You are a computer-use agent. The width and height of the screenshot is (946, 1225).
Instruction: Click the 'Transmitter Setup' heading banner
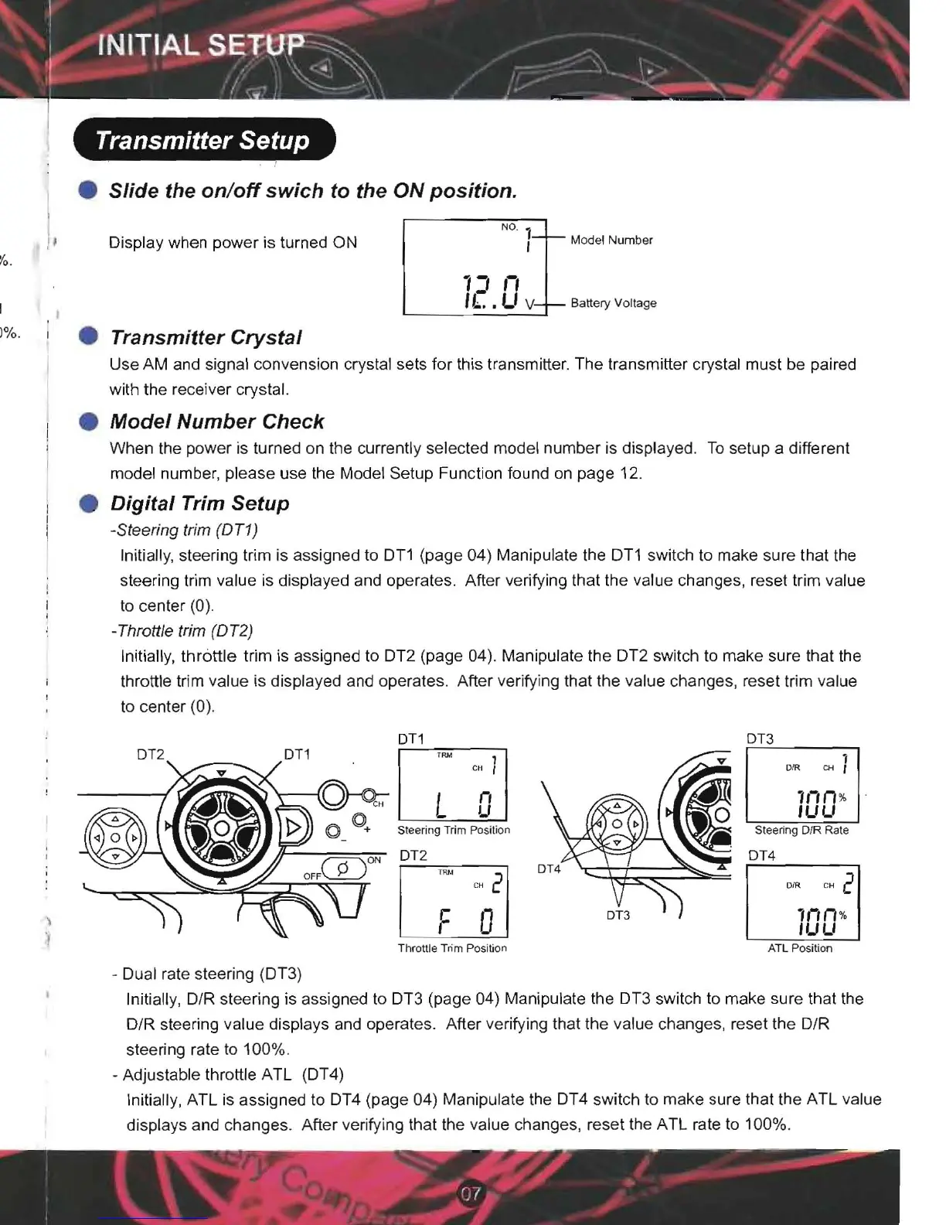point(202,140)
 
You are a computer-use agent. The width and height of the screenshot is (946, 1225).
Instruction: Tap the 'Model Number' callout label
point(611,240)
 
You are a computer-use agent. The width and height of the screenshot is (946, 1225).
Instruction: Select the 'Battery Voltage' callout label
point(614,303)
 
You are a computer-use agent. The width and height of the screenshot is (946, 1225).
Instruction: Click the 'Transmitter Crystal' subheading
point(206,337)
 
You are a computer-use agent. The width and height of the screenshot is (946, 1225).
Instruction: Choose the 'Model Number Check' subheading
point(217,421)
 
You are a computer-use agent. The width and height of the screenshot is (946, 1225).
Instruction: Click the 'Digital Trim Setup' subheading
point(199,503)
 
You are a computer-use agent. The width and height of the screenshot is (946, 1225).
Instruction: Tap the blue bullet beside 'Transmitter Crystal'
point(89,337)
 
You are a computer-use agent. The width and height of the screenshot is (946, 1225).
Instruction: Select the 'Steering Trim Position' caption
point(454,830)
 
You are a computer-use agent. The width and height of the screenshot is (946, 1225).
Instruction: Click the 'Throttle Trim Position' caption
point(452,948)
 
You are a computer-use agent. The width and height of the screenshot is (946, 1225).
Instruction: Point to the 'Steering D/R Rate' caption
point(801,830)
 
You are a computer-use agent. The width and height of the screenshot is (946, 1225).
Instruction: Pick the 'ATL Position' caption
point(800,948)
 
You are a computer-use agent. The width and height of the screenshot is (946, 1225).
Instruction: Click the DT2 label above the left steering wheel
point(151,754)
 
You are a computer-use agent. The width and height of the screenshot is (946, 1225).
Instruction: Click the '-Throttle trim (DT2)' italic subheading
point(182,630)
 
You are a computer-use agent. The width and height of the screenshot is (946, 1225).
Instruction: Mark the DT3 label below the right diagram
point(618,915)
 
